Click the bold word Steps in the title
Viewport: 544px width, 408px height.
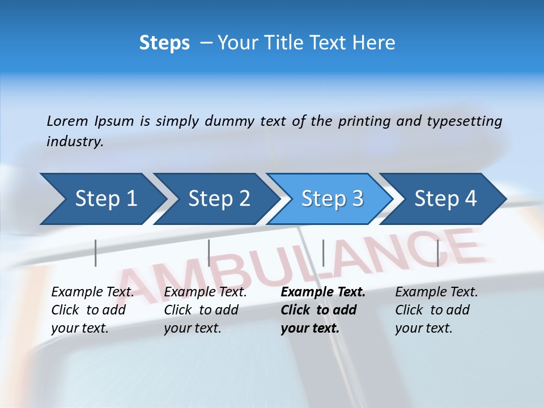click(x=164, y=42)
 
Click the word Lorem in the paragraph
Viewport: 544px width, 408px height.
click(x=67, y=121)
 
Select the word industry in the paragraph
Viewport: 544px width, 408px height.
click(x=74, y=142)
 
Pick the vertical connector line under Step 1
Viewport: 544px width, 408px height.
click(x=96, y=253)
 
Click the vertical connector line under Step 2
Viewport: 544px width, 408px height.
click(x=209, y=253)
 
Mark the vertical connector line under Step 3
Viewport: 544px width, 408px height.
click(x=323, y=253)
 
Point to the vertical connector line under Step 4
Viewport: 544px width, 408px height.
click(x=437, y=253)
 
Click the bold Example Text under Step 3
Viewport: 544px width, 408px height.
click(x=323, y=292)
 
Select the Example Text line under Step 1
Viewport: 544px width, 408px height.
click(x=92, y=292)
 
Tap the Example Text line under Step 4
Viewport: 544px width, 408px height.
click(x=436, y=292)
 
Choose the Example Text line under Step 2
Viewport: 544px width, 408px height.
click(x=205, y=292)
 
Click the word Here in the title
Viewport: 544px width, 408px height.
click(x=376, y=42)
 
